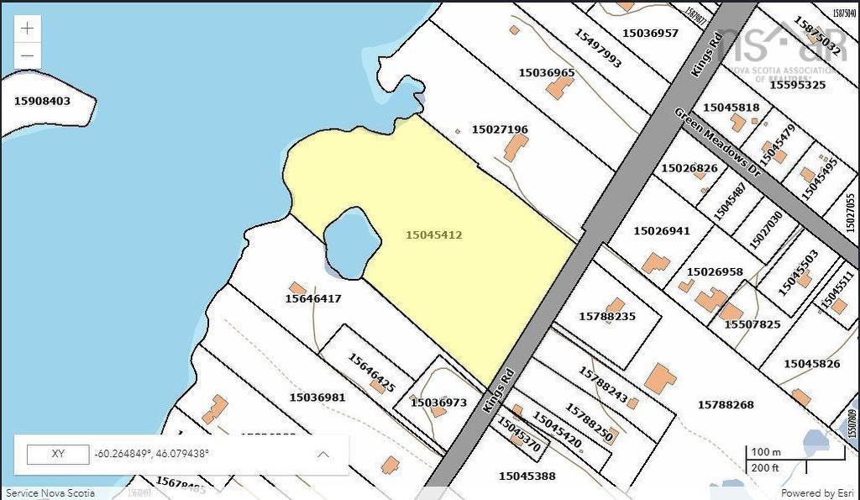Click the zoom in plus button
[28, 28]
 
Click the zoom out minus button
[28, 56]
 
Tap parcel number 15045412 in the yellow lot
[433, 235]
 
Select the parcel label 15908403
[42, 101]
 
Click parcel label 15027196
[500, 129]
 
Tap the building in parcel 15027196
[515, 149]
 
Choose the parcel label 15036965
[546, 72]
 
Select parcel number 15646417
[313, 298]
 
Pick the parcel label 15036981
[317, 397]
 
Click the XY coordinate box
[58, 454]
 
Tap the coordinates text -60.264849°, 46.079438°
[152, 454]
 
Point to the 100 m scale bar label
[765, 452]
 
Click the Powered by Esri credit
[818, 493]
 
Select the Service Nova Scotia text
[50, 493]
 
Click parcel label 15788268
[726, 405]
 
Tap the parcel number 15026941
[661, 230]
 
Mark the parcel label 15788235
[607, 317]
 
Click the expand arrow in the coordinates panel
[322, 455]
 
